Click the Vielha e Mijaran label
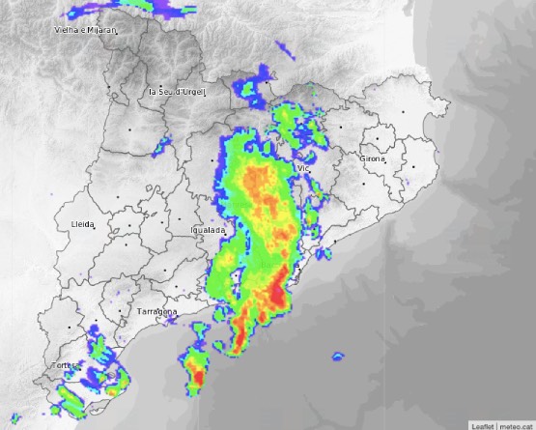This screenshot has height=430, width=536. pos(85,31)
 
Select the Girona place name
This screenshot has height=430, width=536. pos(373,158)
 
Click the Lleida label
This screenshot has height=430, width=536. pos(83,224)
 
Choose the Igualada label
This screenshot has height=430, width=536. pos(209,231)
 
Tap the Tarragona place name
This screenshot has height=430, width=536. pos(156,313)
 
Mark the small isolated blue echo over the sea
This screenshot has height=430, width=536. pos(337,358)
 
